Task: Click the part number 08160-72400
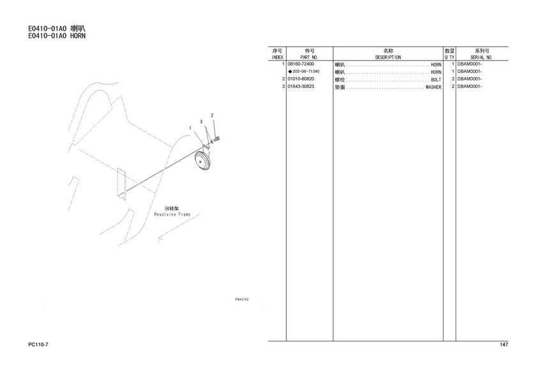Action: coord(301,64)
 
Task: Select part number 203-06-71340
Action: coord(306,71)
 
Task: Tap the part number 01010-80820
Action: coord(301,79)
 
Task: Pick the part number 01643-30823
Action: coord(301,87)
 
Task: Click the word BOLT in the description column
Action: coord(436,80)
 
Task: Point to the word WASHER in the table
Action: coord(433,87)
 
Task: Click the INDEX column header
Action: coord(277,57)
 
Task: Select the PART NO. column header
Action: coord(309,57)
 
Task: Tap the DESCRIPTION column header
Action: coord(388,57)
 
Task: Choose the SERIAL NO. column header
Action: coord(481,57)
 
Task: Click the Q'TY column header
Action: coord(449,57)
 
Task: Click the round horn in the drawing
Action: coord(203,160)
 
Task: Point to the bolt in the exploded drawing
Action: coord(217,138)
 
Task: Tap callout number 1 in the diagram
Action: coord(190,128)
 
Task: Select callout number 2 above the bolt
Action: coord(212,115)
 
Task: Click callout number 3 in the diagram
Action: coord(202,122)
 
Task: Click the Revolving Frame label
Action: coord(172,214)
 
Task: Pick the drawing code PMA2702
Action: coord(242,299)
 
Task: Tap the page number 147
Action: coord(503,345)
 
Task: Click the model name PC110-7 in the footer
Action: coord(38,345)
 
